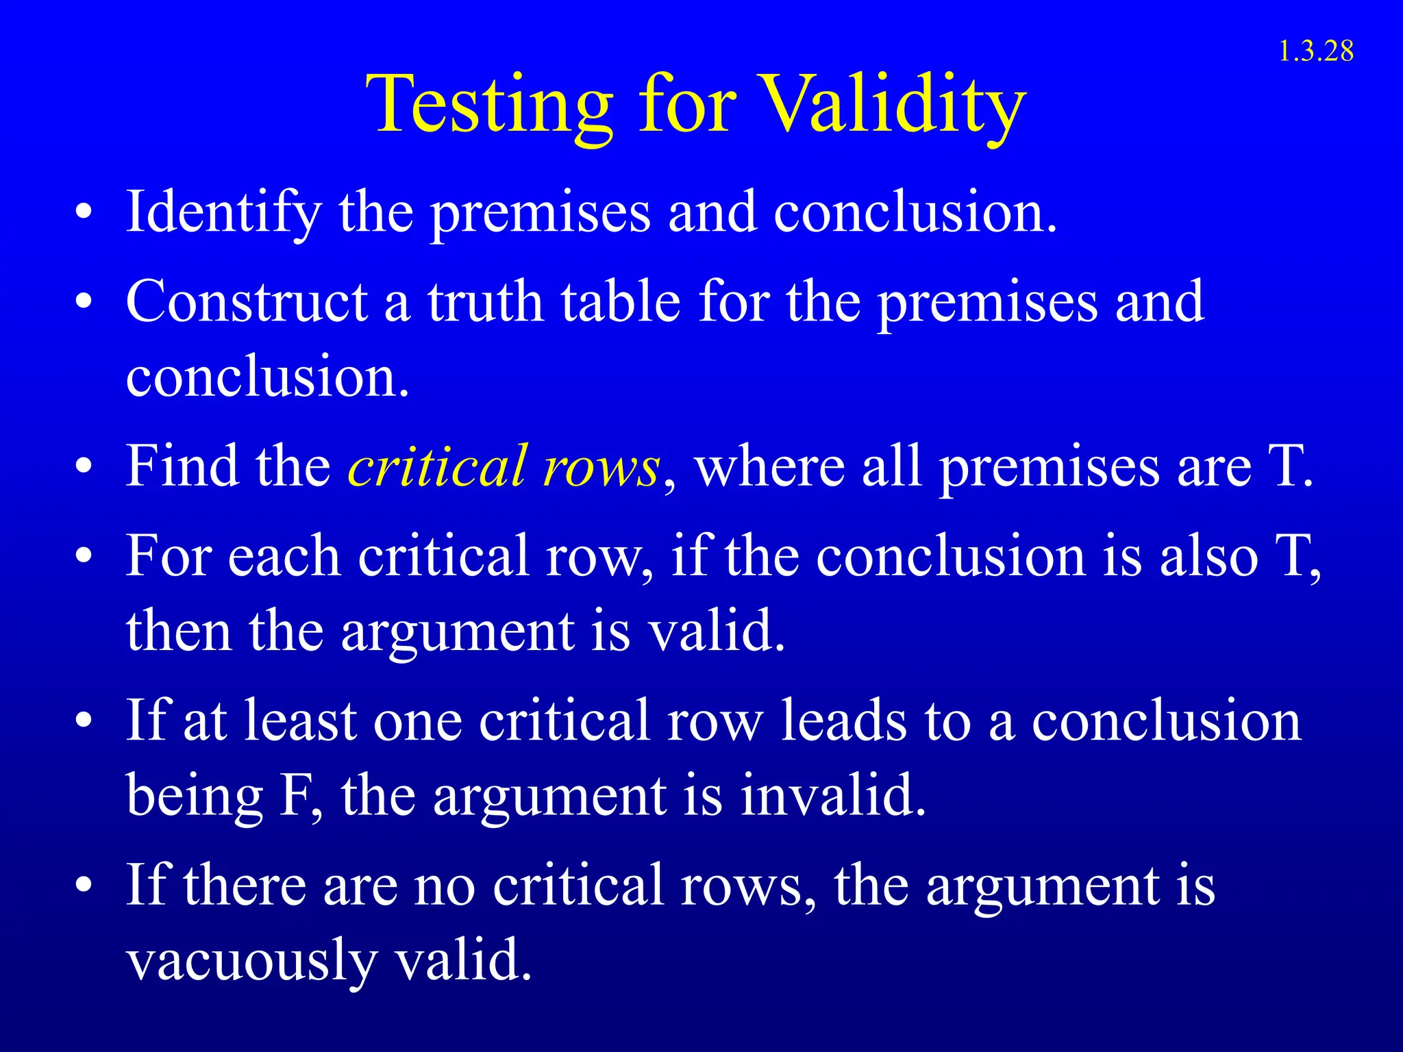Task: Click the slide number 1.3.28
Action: pyautogui.click(x=1315, y=52)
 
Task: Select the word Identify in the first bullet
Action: pyautogui.click(x=223, y=212)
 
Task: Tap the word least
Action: pyautogui.click(x=301, y=721)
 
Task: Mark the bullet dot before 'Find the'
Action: pyautogui.click(x=84, y=467)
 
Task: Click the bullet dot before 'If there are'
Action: pyautogui.click(x=84, y=885)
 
